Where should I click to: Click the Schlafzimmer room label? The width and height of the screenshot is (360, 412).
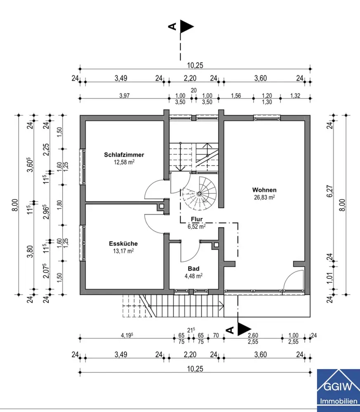click(x=124, y=155)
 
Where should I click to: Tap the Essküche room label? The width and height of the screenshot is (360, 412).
click(x=123, y=243)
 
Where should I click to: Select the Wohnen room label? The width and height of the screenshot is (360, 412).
click(x=264, y=190)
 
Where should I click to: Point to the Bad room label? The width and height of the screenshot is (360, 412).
click(x=193, y=269)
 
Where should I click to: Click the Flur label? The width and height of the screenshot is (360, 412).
click(x=197, y=219)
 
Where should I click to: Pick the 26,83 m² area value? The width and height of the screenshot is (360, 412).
click(x=264, y=197)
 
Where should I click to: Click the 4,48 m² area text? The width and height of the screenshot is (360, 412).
click(x=193, y=276)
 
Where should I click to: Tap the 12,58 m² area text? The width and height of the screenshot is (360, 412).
click(x=124, y=162)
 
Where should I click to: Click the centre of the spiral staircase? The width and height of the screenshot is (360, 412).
click(x=199, y=194)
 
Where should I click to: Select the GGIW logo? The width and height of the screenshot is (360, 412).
click(x=338, y=391)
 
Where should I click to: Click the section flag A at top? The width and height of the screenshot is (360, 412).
click(x=181, y=26)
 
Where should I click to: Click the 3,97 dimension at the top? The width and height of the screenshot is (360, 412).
click(x=125, y=96)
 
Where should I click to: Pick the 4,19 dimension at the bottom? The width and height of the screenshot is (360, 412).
click(x=127, y=335)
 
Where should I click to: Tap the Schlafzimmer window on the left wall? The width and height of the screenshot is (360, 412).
click(x=82, y=167)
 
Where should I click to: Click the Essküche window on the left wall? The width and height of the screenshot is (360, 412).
click(x=82, y=243)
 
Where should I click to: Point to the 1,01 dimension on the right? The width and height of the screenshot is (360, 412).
click(x=330, y=277)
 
